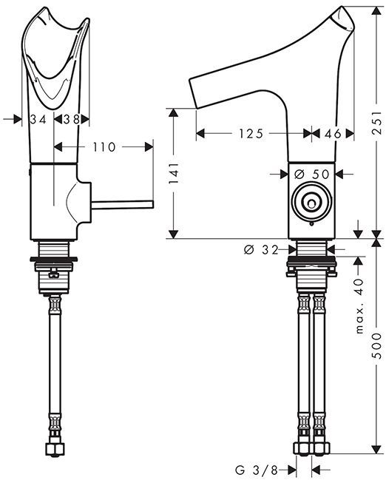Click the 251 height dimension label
pos(378,122)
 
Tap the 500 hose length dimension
pos(378,345)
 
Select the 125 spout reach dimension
pos(251,134)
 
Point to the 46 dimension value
pos(333,134)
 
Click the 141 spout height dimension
pos(174,173)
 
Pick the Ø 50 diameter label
pos(311,175)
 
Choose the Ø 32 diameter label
pos(261,250)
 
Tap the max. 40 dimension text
pos(360,305)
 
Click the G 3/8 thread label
pos(257,470)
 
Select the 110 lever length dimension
pos(104,147)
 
